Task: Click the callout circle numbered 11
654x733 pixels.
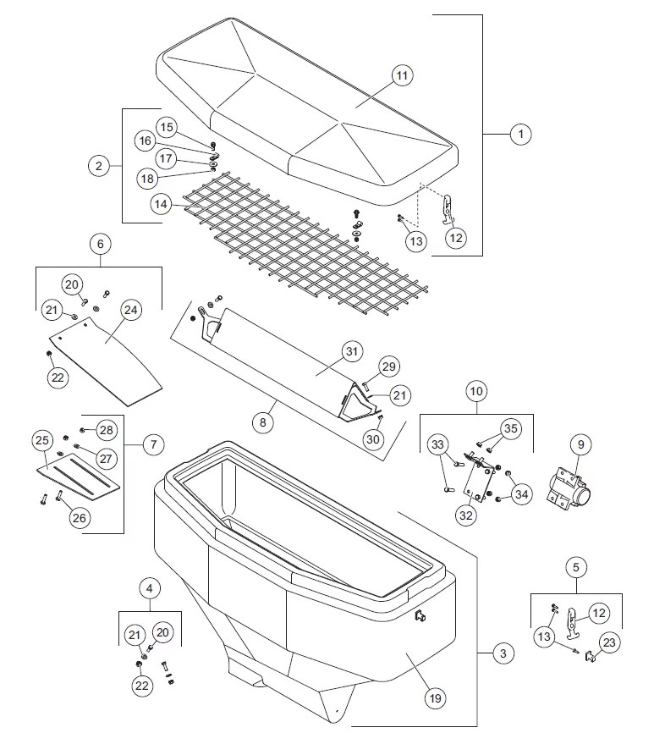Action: pos(402,75)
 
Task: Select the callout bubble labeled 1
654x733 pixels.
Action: pos(521,134)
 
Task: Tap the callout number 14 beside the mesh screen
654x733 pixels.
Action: pos(162,204)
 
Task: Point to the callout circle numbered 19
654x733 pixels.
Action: pos(435,697)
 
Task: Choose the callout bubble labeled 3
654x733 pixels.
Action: pos(503,653)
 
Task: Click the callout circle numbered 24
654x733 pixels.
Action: pos(131,311)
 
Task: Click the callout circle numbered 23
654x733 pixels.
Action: pos(609,642)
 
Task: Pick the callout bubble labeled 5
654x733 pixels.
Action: pos(576,566)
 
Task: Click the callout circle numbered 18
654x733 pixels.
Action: pos(148,178)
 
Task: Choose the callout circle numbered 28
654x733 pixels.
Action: pos(105,430)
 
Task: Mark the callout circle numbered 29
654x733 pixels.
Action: pos(388,366)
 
